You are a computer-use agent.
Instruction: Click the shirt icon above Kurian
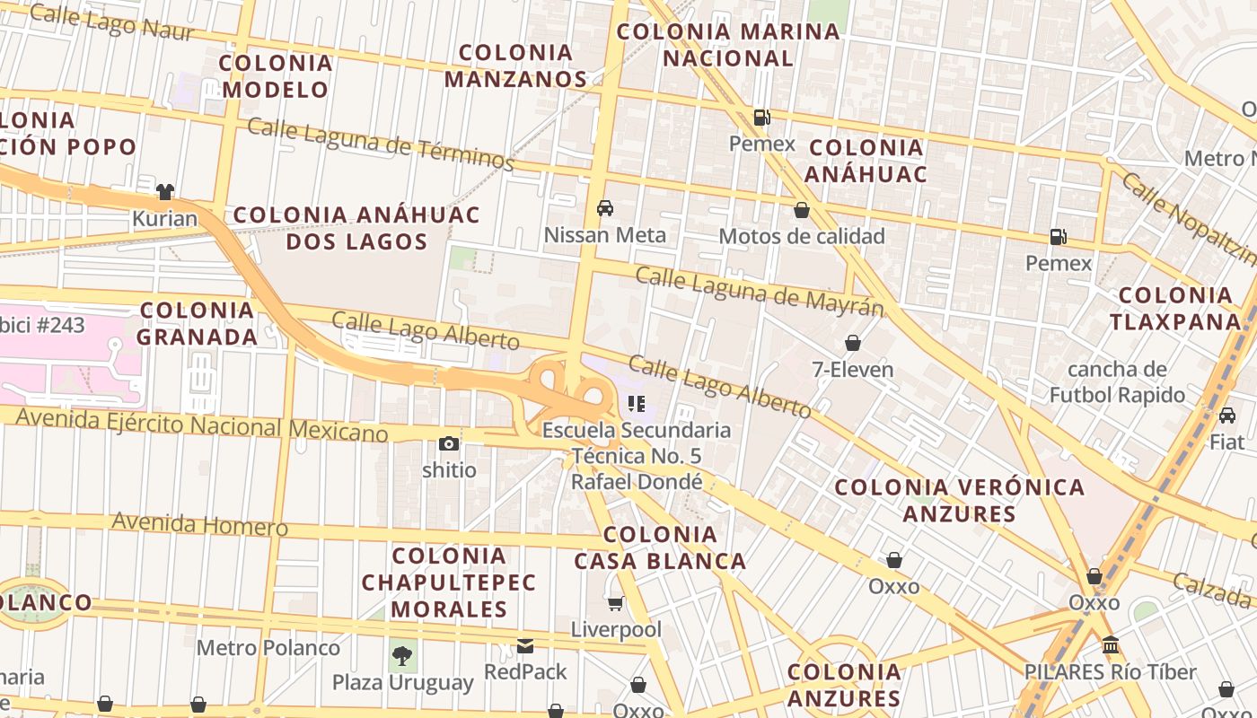(x=165, y=191)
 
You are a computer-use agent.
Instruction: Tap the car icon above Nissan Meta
(x=605, y=208)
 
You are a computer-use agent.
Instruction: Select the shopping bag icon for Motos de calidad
(x=802, y=210)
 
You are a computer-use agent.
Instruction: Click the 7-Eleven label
(x=852, y=370)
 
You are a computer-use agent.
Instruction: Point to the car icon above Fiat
(x=1226, y=416)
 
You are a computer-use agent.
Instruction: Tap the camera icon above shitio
(x=449, y=443)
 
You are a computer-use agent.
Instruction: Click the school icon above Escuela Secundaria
(x=637, y=404)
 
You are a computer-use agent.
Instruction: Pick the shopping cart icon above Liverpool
(x=616, y=603)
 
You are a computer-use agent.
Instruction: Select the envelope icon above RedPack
(x=525, y=645)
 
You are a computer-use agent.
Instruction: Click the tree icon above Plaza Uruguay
(x=403, y=655)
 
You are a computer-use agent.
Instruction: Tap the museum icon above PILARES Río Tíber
(x=1111, y=645)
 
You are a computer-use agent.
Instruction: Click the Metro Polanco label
(x=268, y=647)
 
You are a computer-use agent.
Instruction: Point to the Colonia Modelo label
(x=276, y=76)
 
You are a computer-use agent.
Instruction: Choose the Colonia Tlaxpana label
(x=1174, y=308)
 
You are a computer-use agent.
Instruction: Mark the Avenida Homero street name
(x=199, y=523)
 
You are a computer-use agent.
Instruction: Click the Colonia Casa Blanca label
(x=660, y=547)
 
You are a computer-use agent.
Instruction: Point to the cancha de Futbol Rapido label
(x=1118, y=381)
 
